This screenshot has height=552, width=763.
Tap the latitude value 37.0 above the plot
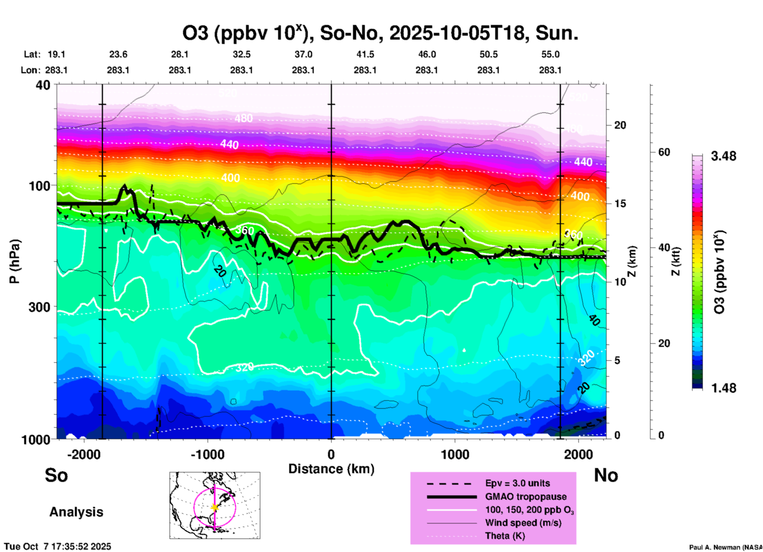coord(303,55)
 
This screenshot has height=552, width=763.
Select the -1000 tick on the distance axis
coord(208,455)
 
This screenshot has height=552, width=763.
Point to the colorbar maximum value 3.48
coord(723,156)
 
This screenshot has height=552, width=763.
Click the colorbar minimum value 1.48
coord(723,388)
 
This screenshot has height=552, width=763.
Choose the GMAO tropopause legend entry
coord(526,497)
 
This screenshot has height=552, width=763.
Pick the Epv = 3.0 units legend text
coord(517,483)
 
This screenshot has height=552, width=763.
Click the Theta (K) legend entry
coord(505,536)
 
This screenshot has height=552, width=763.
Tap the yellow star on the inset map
coord(215,507)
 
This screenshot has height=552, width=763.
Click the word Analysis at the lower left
coord(76,512)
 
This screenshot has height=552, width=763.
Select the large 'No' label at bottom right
coord(606,476)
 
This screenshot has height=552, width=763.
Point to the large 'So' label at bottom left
coord(56,475)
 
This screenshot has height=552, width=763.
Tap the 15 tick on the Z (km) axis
coord(620,204)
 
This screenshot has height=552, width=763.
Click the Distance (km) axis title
coord(331,469)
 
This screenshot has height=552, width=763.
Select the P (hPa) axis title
coord(15,261)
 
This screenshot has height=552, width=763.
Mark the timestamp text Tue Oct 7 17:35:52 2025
coord(58,546)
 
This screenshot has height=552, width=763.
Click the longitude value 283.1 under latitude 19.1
coord(56,70)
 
